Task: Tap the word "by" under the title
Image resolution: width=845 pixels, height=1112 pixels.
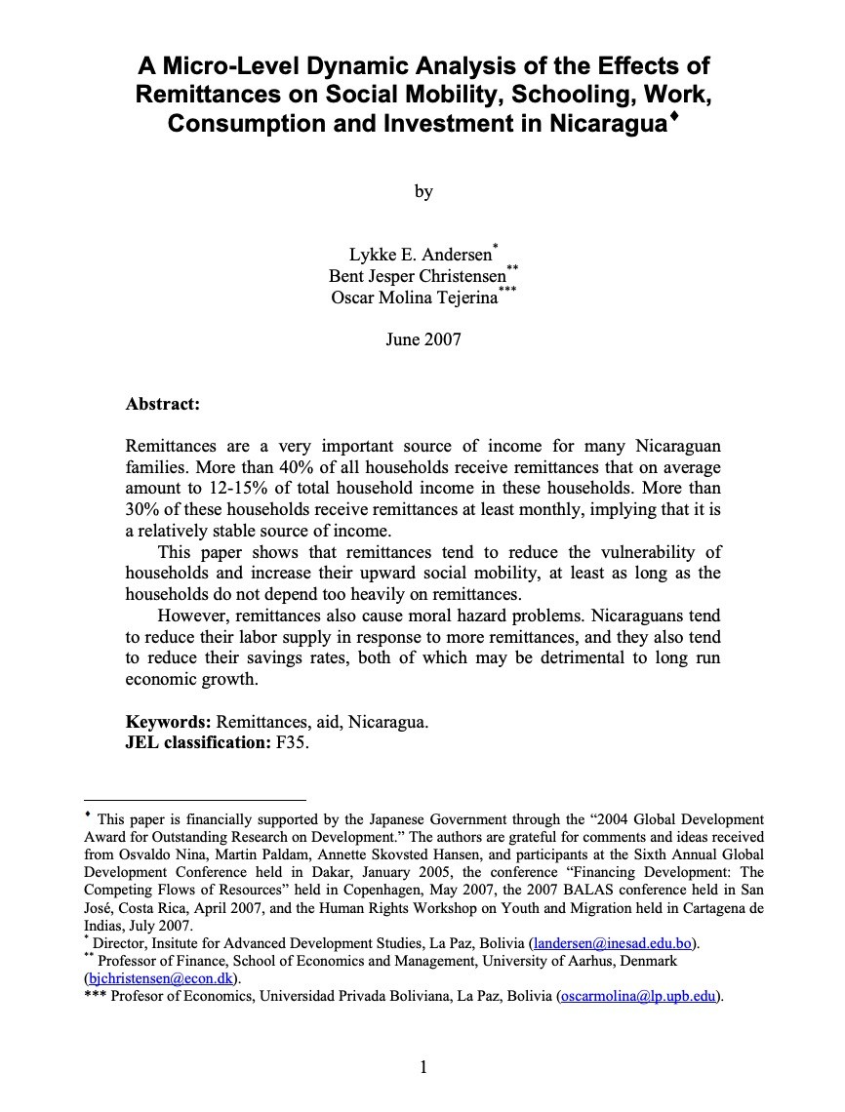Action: pyautogui.click(x=422, y=191)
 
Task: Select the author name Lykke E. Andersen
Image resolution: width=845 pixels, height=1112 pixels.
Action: pyautogui.click(x=421, y=257)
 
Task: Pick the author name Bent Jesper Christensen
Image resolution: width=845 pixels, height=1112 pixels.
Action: pyautogui.click(x=418, y=276)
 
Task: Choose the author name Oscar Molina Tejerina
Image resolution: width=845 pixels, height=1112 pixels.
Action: pyautogui.click(x=415, y=297)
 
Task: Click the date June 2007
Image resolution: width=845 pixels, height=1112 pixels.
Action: pyautogui.click(x=422, y=339)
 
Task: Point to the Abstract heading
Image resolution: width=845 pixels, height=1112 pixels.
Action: pyautogui.click(x=163, y=402)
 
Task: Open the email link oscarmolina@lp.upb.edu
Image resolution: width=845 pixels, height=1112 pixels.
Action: pyautogui.click(x=639, y=996)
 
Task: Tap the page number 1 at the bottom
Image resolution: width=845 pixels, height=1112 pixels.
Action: pyautogui.click(x=422, y=1067)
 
